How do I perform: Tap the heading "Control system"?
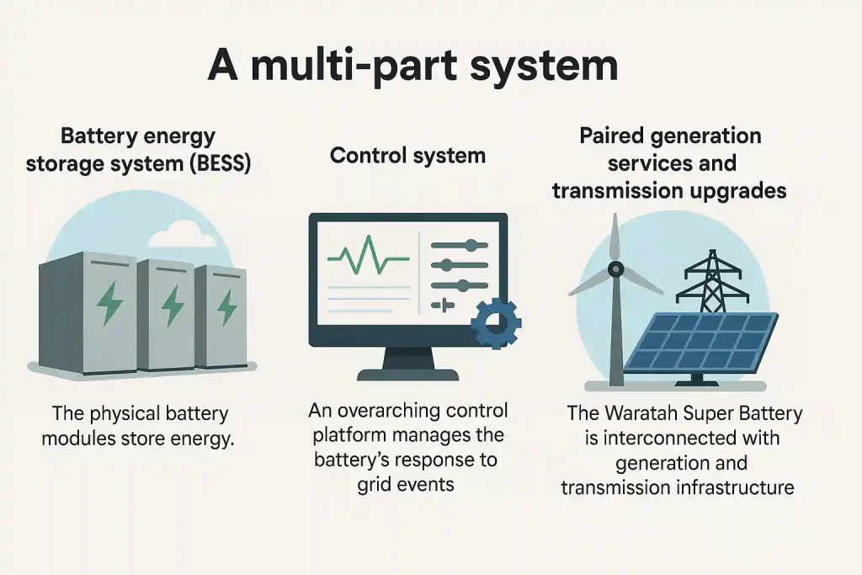407,155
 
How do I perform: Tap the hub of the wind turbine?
615,270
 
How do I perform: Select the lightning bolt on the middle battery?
173,304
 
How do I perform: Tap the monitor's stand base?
407,375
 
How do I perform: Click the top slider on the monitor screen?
459,245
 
